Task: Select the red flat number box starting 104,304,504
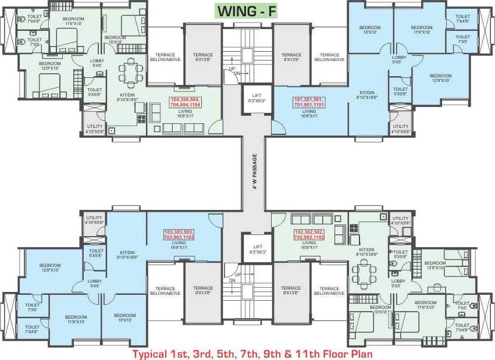[185, 102]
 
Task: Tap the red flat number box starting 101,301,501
[309, 102]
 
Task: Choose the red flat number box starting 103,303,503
[179, 234]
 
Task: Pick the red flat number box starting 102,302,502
[309, 234]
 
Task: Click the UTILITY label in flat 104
[94, 129]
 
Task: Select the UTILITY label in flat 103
[94, 220]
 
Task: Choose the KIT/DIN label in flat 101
[367, 95]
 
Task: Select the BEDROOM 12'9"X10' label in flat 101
[440, 77]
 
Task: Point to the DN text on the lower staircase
[232, 281]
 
